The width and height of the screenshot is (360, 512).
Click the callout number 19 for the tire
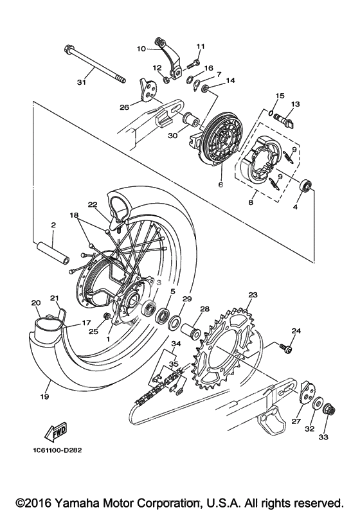click(x=45, y=396)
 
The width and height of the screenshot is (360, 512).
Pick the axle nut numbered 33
click(x=328, y=409)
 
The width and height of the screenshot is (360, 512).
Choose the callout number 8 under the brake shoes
click(x=251, y=202)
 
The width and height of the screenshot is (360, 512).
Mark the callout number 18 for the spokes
click(x=74, y=215)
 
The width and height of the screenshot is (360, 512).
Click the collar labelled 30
click(x=192, y=119)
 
